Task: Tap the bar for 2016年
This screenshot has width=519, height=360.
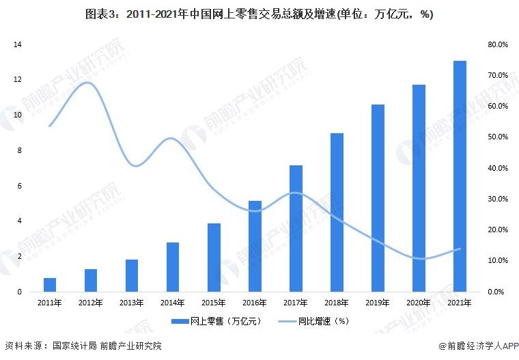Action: coord(255,246)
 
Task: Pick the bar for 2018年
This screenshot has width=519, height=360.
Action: coord(337,212)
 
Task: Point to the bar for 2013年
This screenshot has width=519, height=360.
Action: coord(132,275)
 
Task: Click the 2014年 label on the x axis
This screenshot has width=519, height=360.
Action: coord(173,303)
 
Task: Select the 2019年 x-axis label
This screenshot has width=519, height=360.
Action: coord(378,303)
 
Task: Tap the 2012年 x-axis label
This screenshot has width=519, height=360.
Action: coord(91,303)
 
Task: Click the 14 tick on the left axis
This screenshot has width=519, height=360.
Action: coord(18,44)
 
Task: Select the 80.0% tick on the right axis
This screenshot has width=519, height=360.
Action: coord(498,44)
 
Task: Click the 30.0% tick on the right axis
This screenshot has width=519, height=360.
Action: coord(498,199)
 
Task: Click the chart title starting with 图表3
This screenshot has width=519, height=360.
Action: coord(259,15)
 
